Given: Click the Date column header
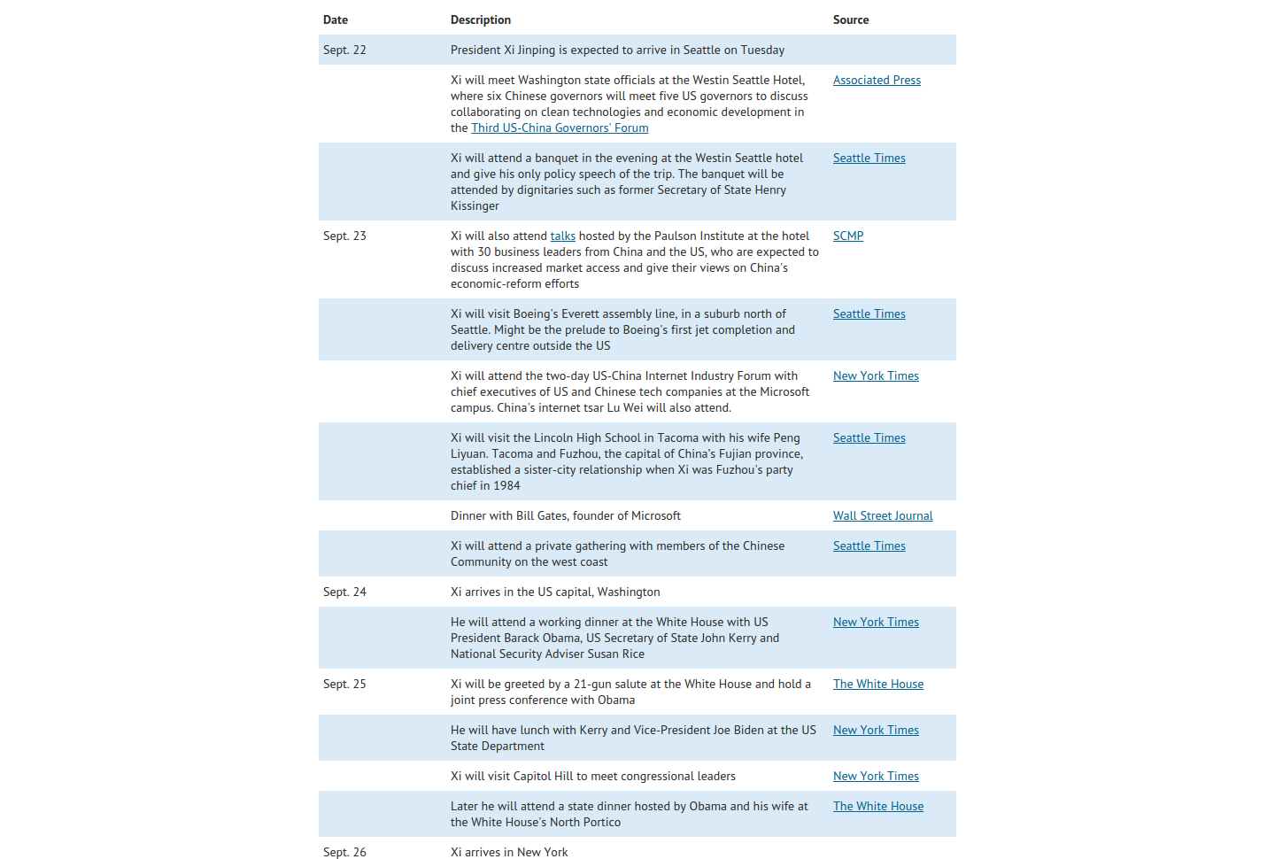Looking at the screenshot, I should (x=336, y=19).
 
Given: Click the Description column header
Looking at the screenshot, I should (x=480, y=19).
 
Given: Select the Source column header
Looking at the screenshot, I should (x=850, y=19).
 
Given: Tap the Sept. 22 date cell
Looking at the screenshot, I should (x=344, y=50).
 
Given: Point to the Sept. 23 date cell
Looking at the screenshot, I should (x=344, y=236).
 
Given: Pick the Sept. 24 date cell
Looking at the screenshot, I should (x=344, y=592).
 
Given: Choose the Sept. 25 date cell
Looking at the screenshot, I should (x=344, y=684).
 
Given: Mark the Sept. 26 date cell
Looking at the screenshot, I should (x=344, y=852).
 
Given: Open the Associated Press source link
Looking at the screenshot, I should (x=877, y=80).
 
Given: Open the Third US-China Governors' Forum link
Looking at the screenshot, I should (x=560, y=128).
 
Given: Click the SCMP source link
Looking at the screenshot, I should (x=848, y=236).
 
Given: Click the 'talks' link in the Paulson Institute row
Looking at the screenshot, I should (x=562, y=236).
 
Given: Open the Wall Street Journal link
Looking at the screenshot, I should (x=883, y=515).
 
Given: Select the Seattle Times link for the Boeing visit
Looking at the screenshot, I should (x=869, y=313).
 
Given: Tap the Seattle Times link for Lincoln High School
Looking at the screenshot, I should (x=869, y=437).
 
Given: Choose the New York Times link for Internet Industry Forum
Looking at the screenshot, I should (x=876, y=375).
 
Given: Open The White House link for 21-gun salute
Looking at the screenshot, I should (x=877, y=684).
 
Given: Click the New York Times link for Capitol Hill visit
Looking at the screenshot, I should (x=876, y=776).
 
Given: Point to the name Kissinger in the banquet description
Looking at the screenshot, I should (x=475, y=205).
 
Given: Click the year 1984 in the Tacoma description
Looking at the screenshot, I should (x=506, y=485).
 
